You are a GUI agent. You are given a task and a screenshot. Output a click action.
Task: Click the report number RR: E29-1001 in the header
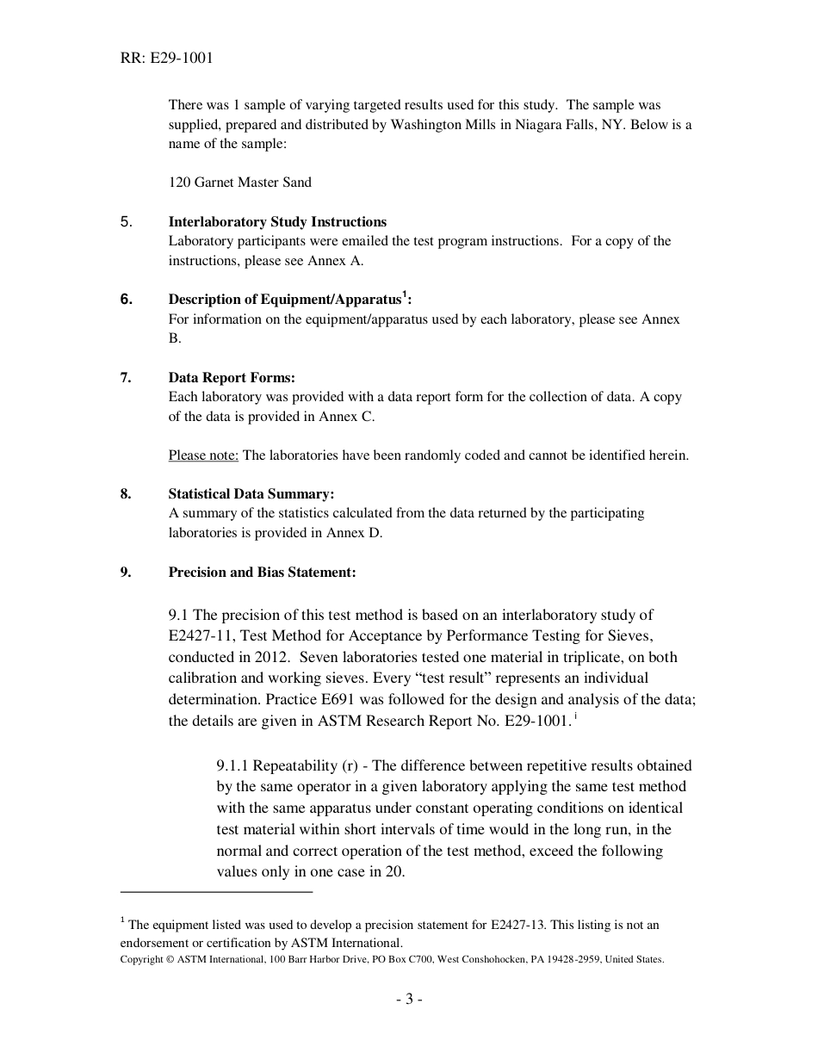pyautogui.click(x=167, y=59)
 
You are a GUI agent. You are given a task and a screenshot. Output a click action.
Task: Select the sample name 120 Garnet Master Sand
pyautogui.click(x=239, y=183)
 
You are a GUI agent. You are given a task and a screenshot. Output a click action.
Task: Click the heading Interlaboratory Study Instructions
pyautogui.click(x=277, y=222)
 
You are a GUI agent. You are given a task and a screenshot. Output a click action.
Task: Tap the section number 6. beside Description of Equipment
pyautogui.click(x=127, y=300)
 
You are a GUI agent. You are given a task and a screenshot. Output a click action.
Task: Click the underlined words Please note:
pyautogui.click(x=203, y=455)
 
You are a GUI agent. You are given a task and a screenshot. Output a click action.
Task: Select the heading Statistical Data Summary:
pyautogui.click(x=251, y=494)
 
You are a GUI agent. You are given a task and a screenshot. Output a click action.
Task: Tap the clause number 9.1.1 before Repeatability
pyautogui.click(x=233, y=766)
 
